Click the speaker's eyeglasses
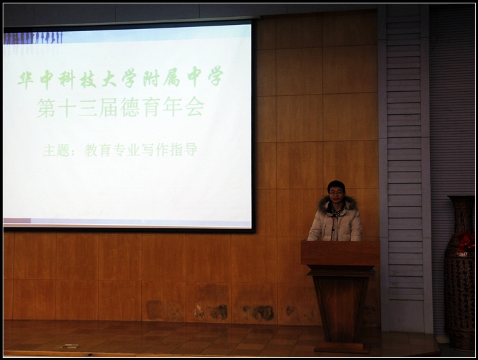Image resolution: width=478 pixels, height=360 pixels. (x=336, y=192)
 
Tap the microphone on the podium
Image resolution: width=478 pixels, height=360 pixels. (x=334, y=228)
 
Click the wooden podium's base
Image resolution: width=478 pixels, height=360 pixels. (x=342, y=347)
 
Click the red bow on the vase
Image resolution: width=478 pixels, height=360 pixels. (x=466, y=241)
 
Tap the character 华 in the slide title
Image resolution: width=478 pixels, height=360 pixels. (x=26, y=80)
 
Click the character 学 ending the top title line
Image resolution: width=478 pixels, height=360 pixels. (x=215, y=76)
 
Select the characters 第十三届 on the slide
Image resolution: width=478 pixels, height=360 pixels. (x=78, y=107)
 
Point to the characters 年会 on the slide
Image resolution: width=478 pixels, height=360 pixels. (x=183, y=107)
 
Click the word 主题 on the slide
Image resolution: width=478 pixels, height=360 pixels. (x=57, y=150)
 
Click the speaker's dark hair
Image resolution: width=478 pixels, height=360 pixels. (x=336, y=185)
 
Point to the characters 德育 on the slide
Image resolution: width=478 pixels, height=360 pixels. (x=140, y=107)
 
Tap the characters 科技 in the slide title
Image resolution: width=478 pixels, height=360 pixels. (x=77, y=79)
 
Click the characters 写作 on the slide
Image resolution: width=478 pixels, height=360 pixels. (x=156, y=150)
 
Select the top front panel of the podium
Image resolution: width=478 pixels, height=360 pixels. (x=340, y=253)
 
